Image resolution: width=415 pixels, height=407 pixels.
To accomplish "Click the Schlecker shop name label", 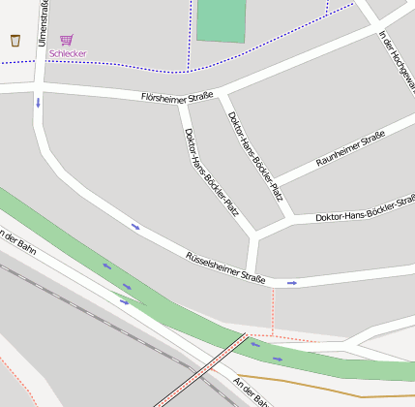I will [x=67, y=53].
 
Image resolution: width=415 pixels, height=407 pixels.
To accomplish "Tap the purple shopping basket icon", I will [x=66, y=40].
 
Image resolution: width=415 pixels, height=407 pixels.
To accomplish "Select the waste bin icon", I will [x=15, y=40].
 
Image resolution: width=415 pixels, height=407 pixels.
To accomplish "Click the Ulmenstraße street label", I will [x=43, y=23].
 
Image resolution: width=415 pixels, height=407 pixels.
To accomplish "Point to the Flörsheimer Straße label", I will [x=177, y=97].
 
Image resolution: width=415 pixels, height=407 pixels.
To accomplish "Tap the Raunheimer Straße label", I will [x=350, y=148].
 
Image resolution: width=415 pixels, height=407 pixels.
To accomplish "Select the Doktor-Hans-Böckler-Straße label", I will [x=365, y=209].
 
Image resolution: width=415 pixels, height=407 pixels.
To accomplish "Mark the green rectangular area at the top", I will [x=221, y=20].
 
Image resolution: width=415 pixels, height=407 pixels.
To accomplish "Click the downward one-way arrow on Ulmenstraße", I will [x=39, y=101].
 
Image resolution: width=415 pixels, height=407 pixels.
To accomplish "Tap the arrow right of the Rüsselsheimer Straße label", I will [x=291, y=283].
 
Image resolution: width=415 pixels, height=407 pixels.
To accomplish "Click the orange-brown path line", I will [x=319, y=388].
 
